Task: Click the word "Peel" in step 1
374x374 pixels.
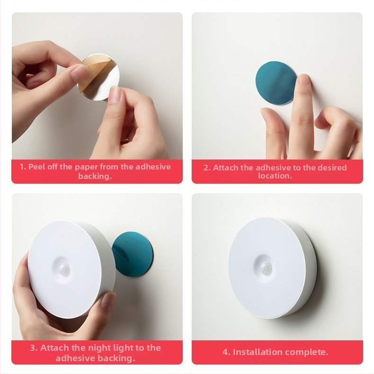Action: [x=37, y=167]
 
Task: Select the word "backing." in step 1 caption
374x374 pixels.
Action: [x=95, y=177]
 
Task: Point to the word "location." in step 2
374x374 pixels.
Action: [x=275, y=176]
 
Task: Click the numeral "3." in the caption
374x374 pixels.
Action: [x=34, y=348]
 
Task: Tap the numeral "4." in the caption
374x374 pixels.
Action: [x=226, y=352]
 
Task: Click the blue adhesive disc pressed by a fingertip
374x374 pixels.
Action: [x=276, y=83]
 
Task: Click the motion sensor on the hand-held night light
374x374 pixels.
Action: [x=64, y=269]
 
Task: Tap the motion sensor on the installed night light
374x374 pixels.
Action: [x=265, y=267]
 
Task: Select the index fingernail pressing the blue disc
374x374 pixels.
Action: [x=303, y=79]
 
